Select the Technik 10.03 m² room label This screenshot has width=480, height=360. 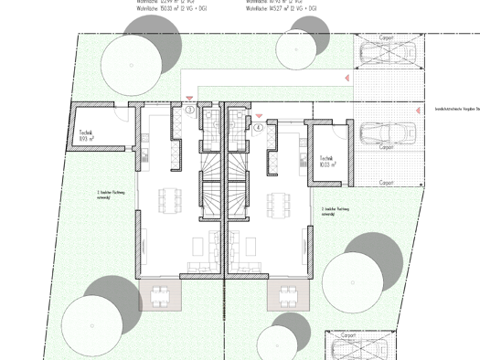pyautogui.click(x=329, y=160)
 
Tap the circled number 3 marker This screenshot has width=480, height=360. pyautogui.click(x=189, y=111)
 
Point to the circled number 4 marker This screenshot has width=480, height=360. pyautogui.click(x=259, y=128)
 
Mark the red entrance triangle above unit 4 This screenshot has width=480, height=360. pyautogui.click(x=260, y=116)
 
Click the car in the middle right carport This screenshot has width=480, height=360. pyautogui.click(x=388, y=133)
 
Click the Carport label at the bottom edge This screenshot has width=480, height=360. pyautogui.click(x=347, y=335)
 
